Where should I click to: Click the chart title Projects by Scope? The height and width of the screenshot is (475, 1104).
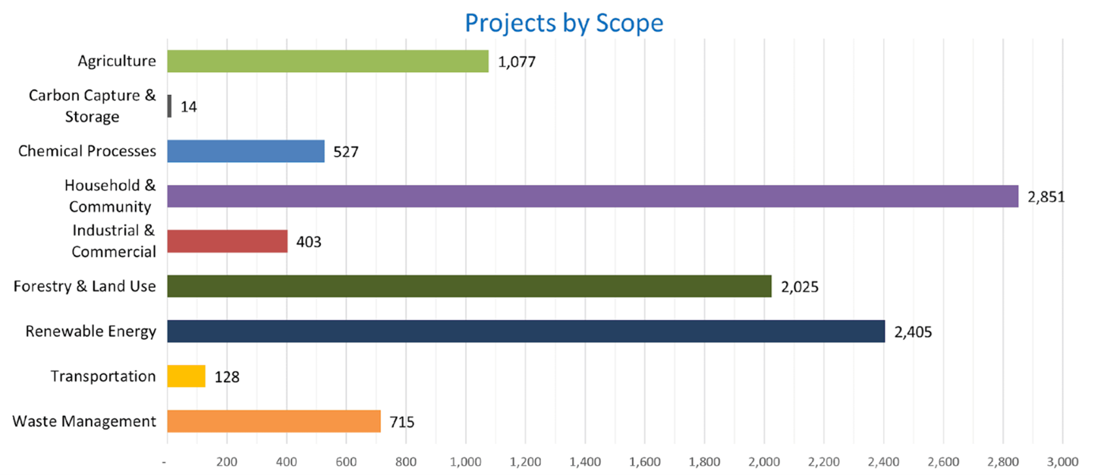coord(564,22)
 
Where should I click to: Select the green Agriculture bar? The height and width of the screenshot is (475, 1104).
coord(328,61)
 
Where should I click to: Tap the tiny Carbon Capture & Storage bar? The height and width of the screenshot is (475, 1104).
coord(169,106)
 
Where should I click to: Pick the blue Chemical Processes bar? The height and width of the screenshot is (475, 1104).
coord(246,151)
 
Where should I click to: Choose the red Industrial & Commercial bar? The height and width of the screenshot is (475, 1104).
coord(228,241)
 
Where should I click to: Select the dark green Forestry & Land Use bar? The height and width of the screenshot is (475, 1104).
coord(469,286)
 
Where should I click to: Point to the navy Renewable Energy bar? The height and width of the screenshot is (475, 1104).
coord(526,331)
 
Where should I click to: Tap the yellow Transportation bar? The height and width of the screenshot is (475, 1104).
coord(186,376)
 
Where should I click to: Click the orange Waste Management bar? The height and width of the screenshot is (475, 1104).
coord(274,421)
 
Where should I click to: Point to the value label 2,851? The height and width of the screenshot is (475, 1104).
coord(1046,197)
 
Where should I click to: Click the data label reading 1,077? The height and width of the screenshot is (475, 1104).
coord(517,62)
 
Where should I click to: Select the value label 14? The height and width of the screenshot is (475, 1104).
coord(189,107)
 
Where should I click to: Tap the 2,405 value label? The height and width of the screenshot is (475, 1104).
coord(913,332)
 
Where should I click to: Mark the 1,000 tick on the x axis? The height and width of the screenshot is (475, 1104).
coord(465,461)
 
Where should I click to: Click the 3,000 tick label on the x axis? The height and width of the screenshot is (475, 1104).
coord(1062,461)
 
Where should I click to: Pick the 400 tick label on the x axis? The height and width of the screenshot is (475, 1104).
coord(287,461)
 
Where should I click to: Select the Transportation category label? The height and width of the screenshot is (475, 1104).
coord(103,376)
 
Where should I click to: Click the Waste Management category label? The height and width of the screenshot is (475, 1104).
coord(84,421)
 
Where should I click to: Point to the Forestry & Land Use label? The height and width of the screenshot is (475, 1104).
coord(85,286)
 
